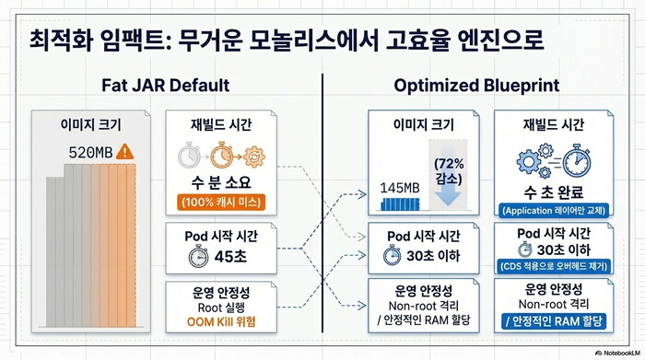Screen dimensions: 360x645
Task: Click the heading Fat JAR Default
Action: click(x=165, y=86)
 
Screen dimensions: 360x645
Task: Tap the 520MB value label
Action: click(x=90, y=152)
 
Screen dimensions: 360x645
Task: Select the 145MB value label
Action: click(x=405, y=188)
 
